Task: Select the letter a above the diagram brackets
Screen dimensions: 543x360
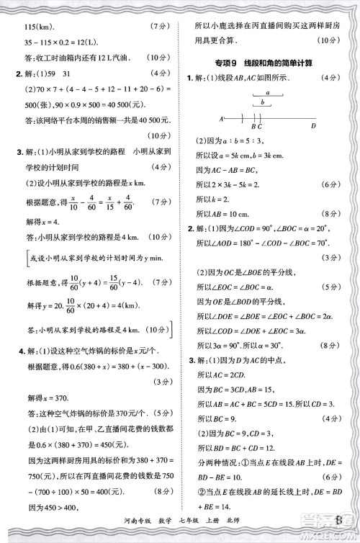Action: tap(267, 93)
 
